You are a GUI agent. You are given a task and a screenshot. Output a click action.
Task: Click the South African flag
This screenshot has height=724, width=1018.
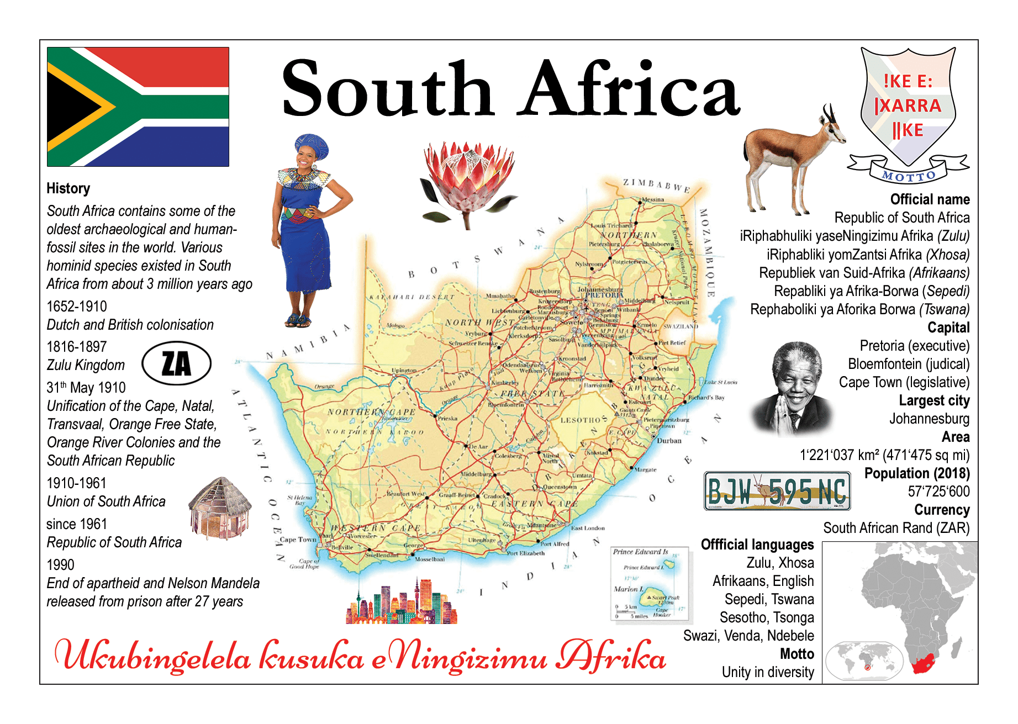point(138,107)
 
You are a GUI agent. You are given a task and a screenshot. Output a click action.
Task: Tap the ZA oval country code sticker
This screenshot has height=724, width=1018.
point(176,363)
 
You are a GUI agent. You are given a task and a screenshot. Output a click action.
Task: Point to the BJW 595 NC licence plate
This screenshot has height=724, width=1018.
point(777,491)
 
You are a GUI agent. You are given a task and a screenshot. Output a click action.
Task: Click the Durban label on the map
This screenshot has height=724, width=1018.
point(669,441)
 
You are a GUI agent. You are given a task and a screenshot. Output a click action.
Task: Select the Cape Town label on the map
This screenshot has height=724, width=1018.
point(298,540)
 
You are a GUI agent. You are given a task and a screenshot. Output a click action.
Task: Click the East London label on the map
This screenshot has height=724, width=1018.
point(588,528)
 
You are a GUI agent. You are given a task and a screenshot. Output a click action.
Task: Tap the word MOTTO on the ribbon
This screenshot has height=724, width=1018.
point(909,177)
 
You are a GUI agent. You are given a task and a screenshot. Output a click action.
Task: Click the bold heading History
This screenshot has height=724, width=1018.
point(68,188)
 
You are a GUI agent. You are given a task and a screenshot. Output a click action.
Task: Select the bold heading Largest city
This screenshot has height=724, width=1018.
point(934,400)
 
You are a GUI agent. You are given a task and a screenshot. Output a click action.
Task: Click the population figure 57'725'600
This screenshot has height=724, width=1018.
point(938,492)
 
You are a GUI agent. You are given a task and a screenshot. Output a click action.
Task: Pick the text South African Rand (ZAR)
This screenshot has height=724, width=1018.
point(896,528)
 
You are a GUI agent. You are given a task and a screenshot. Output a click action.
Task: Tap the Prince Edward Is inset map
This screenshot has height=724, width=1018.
point(650,583)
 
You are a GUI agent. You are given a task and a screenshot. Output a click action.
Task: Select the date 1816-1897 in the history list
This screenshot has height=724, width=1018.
point(77,347)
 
